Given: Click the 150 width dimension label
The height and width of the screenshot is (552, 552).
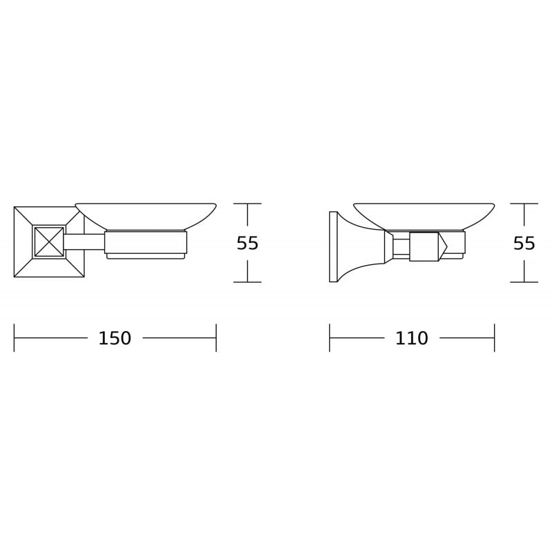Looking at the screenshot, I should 115,339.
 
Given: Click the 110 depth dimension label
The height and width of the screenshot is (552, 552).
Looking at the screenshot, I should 411,339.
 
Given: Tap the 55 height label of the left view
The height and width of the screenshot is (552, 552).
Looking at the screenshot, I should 247,244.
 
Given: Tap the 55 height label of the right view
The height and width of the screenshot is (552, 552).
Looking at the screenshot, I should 524,244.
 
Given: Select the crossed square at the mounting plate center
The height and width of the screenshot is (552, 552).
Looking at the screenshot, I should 49,241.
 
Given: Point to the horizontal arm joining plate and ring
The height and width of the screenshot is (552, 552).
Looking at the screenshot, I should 84,241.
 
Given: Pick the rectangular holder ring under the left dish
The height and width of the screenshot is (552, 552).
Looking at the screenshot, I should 146,242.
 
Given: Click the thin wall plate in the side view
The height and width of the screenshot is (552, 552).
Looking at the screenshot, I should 333,246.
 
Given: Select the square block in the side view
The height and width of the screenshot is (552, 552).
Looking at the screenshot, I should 424,246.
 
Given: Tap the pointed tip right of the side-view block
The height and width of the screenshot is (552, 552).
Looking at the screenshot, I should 443,246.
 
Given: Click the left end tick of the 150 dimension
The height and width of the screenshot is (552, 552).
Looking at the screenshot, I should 14,338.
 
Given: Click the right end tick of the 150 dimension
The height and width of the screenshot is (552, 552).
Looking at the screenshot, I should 216,338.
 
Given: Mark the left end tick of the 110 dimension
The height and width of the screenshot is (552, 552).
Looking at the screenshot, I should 330,338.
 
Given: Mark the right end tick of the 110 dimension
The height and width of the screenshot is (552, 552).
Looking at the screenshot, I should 494,338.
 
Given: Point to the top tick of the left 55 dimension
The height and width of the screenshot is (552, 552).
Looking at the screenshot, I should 247,204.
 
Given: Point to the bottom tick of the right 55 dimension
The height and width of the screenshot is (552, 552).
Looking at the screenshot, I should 524,282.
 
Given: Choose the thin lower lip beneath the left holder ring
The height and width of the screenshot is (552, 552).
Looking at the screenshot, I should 146,256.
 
